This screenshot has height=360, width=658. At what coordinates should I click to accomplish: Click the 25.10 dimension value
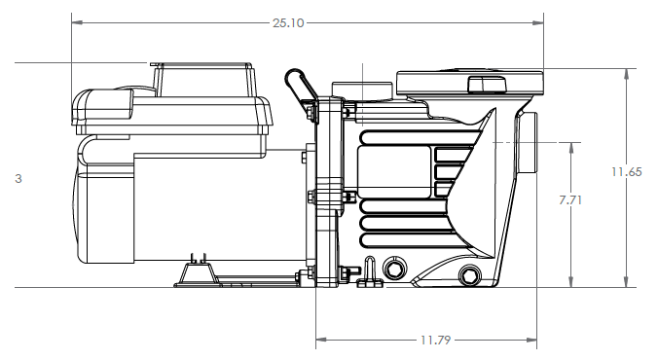click(288, 22)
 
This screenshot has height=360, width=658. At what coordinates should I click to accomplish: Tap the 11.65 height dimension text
click(626, 172)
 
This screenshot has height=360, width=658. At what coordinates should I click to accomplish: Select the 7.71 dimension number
click(570, 200)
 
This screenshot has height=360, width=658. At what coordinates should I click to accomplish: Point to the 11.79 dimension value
click(435, 340)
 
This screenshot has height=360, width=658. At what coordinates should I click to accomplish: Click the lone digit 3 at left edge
click(18, 178)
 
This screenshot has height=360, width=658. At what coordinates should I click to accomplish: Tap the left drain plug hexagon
click(394, 269)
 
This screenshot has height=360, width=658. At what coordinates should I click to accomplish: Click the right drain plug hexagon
click(469, 275)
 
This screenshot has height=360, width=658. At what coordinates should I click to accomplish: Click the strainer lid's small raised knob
click(487, 84)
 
